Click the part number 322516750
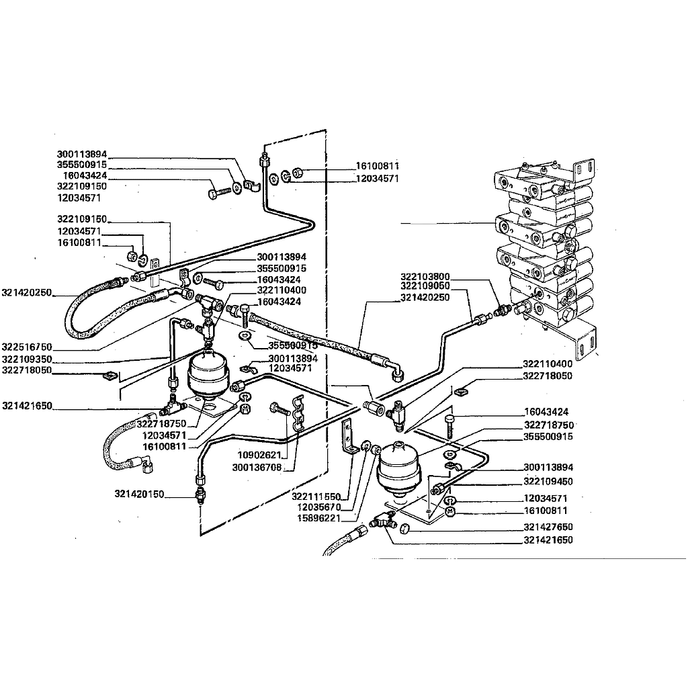click(27, 347)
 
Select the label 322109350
click(27, 359)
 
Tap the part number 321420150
click(139, 494)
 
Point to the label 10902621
click(259, 455)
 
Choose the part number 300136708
click(257, 468)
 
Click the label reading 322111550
click(316, 497)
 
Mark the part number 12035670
click(319, 507)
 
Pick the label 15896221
click(319, 518)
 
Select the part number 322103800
click(425, 276)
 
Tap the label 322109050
click(425, 286)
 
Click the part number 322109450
click(548, 481)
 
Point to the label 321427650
click(548, 527)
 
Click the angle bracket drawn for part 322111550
click(349, 437)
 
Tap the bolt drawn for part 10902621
click(280, 409)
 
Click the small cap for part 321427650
click(404, 529)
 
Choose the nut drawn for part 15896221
click(376, 450)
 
